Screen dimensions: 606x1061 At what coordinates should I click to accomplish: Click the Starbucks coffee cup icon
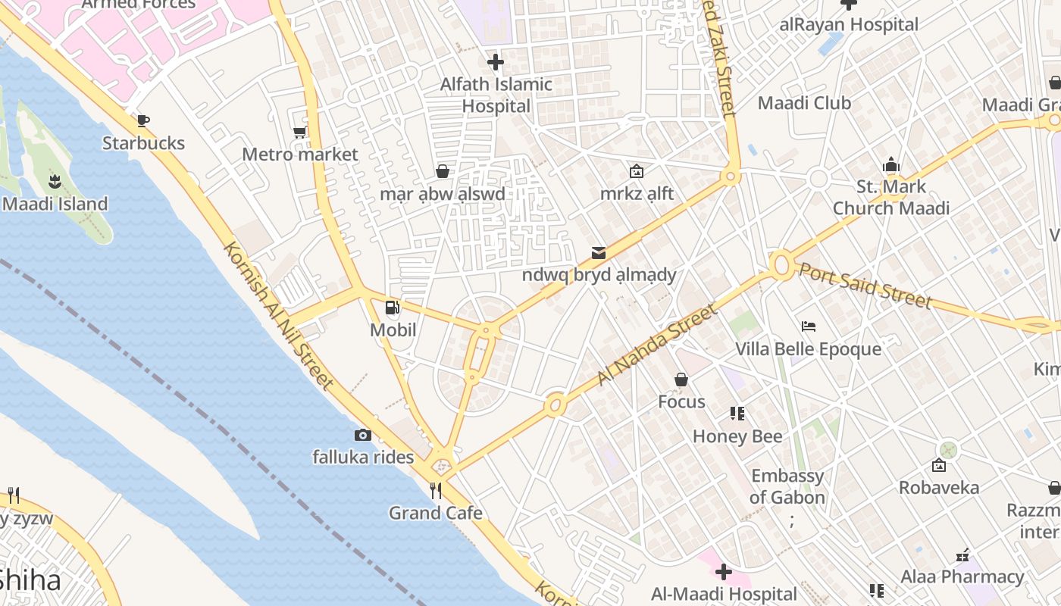[x=142, y=120]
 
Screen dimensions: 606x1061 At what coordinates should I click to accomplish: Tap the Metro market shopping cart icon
[x=299, y=133]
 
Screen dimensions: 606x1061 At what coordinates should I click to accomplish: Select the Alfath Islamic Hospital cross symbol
[x=496, y=62]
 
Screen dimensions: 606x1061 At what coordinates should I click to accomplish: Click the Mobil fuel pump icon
[x=393, y=308]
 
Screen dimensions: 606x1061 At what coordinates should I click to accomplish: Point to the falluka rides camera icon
[x=363, y=435]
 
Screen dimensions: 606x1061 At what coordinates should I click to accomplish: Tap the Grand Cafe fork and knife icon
[x=436, y=491]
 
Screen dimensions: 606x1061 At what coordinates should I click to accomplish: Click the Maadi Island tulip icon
[x=55, y=181]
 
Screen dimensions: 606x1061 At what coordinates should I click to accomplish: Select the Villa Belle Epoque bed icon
[x=809, y=326]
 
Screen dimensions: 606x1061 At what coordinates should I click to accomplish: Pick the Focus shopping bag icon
[x=681, y=380]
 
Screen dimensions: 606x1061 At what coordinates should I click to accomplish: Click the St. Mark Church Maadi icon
[x=890, y=164]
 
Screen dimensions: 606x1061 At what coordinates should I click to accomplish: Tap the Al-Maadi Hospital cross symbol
[x=724, y=572]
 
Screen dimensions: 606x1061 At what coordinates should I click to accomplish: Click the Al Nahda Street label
[x=656, y=345]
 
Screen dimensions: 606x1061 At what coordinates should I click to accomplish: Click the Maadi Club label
[x=804, y=103]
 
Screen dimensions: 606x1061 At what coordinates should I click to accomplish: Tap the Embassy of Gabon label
[x=787, y=486]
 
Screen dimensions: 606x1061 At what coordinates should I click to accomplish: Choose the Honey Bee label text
[x=737, y=436]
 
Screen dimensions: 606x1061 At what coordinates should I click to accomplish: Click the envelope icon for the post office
[x=599, y=252]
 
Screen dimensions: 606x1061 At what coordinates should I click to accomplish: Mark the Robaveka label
[x=939, y=487]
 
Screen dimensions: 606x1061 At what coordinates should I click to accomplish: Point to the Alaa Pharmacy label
[x=962, y=576]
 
